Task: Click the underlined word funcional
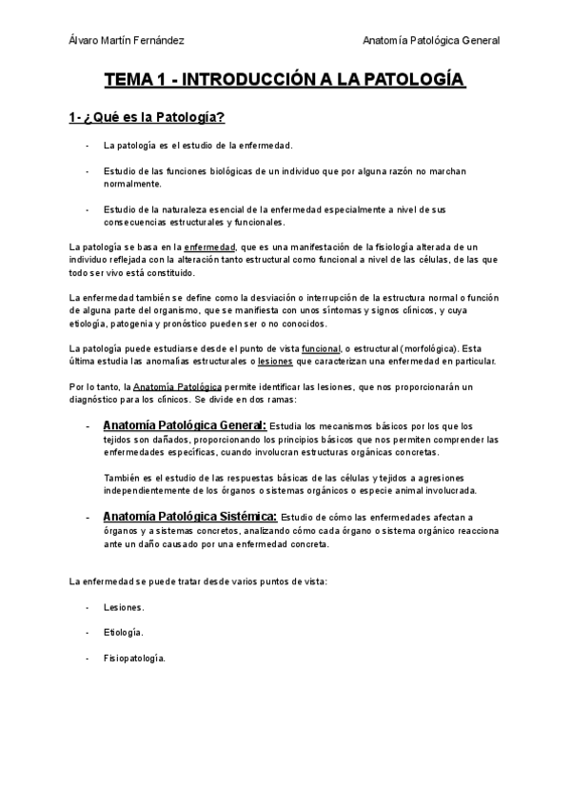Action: click(320, 348)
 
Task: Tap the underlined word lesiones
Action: click(276, 361)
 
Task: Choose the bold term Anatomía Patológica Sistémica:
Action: click(189, 517)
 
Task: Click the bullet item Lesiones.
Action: click(125, 606)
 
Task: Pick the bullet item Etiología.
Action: click(125, 632)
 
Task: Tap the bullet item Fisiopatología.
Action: click(134, 658)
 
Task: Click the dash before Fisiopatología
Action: click(88, 658)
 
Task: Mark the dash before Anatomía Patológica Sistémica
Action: click(88, 517)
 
